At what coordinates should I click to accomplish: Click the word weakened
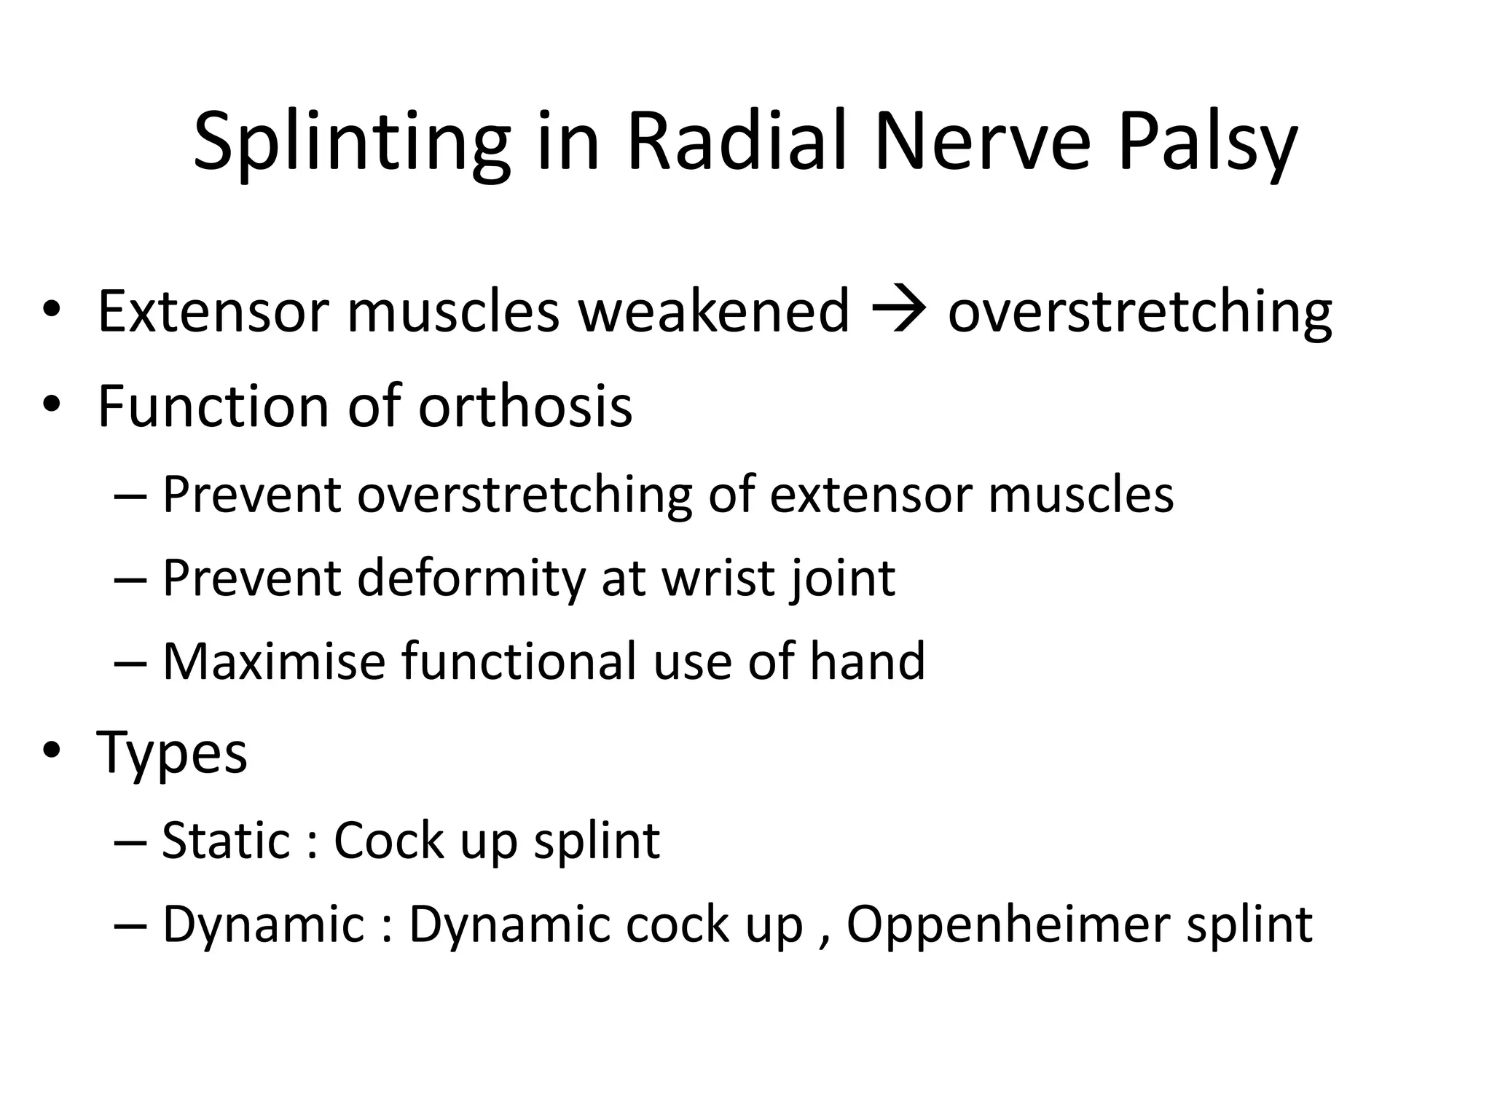pyautogui.click(x=714, y=312)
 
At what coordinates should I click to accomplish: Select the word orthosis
pyautogui.click(x=525, y=406)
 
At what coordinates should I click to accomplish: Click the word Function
pyautogui.click(x=213, y=406)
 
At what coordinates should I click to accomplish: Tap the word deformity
pyautogui.click(x=471, y=578)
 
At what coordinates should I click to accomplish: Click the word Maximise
pyautogui.click(x=273, y=661)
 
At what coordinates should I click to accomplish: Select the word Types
pyautogui.click(x=172, y=753)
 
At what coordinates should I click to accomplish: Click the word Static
pyautogui.click(x=227, y=841)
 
